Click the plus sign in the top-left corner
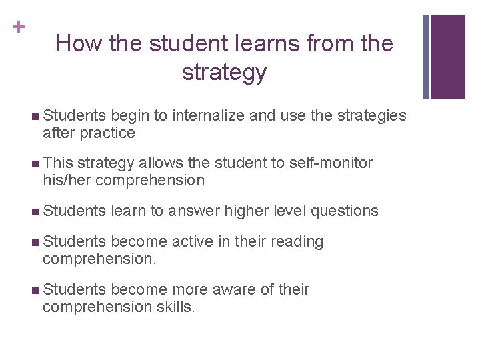tap(18, 27)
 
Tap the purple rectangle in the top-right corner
tap(447, 57)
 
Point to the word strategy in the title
tap(224, 72)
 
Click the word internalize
tap(209, 116)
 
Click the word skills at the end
tap(175, 307)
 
